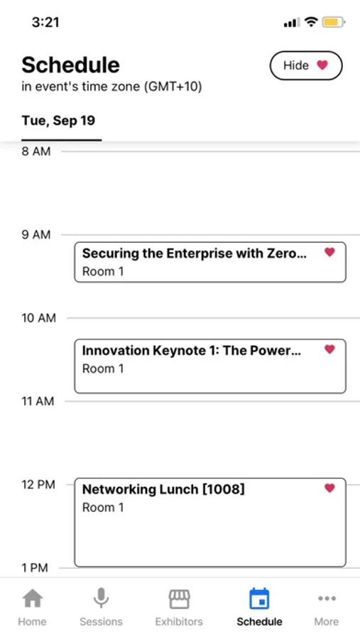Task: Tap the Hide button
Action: coord(306,65)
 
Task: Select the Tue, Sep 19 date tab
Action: coord(58,121)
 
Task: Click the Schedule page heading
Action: coord(70,65)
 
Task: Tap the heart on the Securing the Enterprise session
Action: coord(329,252)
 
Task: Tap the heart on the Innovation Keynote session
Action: coord(329,349)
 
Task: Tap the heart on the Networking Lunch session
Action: coord(329,488)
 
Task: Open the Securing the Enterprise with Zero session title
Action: coord(194,253)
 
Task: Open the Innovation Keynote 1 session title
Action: coord(192,351)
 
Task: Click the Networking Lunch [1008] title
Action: coord(163,489)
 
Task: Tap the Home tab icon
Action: coord(32,599)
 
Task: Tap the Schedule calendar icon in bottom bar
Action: coord(259,599)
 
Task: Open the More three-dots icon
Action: coord(327,599)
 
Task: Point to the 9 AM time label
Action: coord(36,235)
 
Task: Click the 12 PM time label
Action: coord(38,484)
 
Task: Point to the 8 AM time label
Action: coord(36,152)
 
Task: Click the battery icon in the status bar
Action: coord(334,22)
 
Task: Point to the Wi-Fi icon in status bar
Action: coord(311,22)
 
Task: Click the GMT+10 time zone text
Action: coord(173,87)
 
